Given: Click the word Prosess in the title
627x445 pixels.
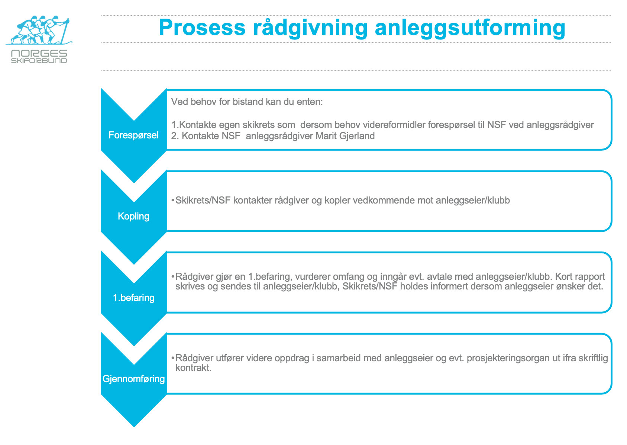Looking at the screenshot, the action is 202,28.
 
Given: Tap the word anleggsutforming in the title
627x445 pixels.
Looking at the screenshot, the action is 470,29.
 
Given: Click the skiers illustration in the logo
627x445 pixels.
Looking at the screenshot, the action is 39,30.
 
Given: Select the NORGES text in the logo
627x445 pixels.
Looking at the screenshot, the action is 39,53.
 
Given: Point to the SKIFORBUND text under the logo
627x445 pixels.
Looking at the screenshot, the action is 39,61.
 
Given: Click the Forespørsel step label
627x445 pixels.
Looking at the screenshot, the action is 133,135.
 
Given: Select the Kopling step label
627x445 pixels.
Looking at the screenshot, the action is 133,217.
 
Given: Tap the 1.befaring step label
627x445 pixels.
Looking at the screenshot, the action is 133,298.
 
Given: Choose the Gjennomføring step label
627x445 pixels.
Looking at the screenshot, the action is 133,379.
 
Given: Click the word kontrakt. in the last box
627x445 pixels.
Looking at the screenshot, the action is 193,368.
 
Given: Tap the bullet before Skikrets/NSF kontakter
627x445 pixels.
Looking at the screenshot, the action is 173,201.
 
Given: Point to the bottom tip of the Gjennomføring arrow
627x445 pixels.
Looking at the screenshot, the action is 134,427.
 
